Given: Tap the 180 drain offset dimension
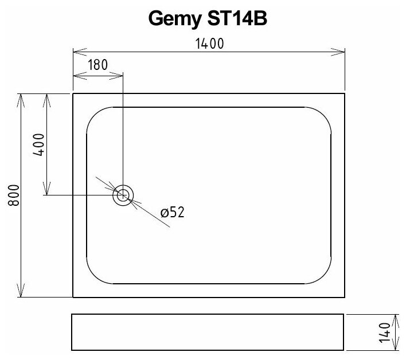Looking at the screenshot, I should (98, 64).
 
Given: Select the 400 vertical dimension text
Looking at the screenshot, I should (38, 145).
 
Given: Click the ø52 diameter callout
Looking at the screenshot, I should (172, 213).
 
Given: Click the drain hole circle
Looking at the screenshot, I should (123, 195).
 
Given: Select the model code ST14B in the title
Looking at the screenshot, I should (235, 19).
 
